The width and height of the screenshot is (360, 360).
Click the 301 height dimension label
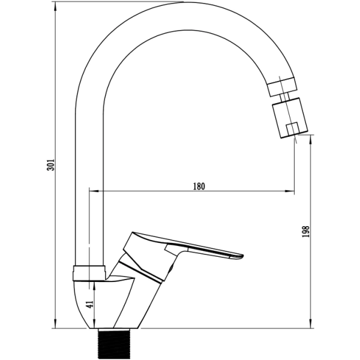[x=50, y=164]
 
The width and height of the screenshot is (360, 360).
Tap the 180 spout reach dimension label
[x=199, y=186]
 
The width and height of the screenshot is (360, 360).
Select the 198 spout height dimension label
[x=306, y=232]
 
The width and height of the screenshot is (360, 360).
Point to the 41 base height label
[x=91, y=304]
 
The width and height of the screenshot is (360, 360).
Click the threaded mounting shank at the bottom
[x=113, y=343]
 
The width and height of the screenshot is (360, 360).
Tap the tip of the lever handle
[x=242, y=256]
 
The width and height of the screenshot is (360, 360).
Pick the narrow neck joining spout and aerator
[x=284, y=97]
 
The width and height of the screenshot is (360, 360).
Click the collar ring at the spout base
[x=89, y=273]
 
